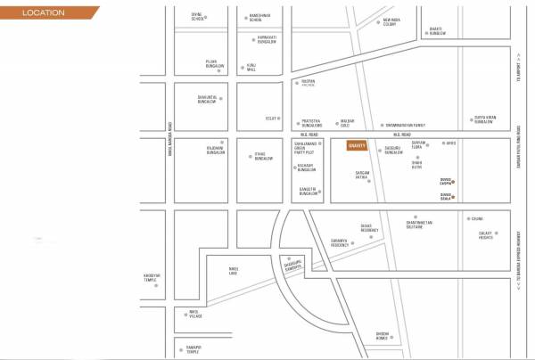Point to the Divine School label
198,16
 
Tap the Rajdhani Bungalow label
216,151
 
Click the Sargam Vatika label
362,176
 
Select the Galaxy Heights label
486,235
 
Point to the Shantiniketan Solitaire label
419,225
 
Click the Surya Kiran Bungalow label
482,119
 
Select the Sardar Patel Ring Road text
518,147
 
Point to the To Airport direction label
518,66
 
